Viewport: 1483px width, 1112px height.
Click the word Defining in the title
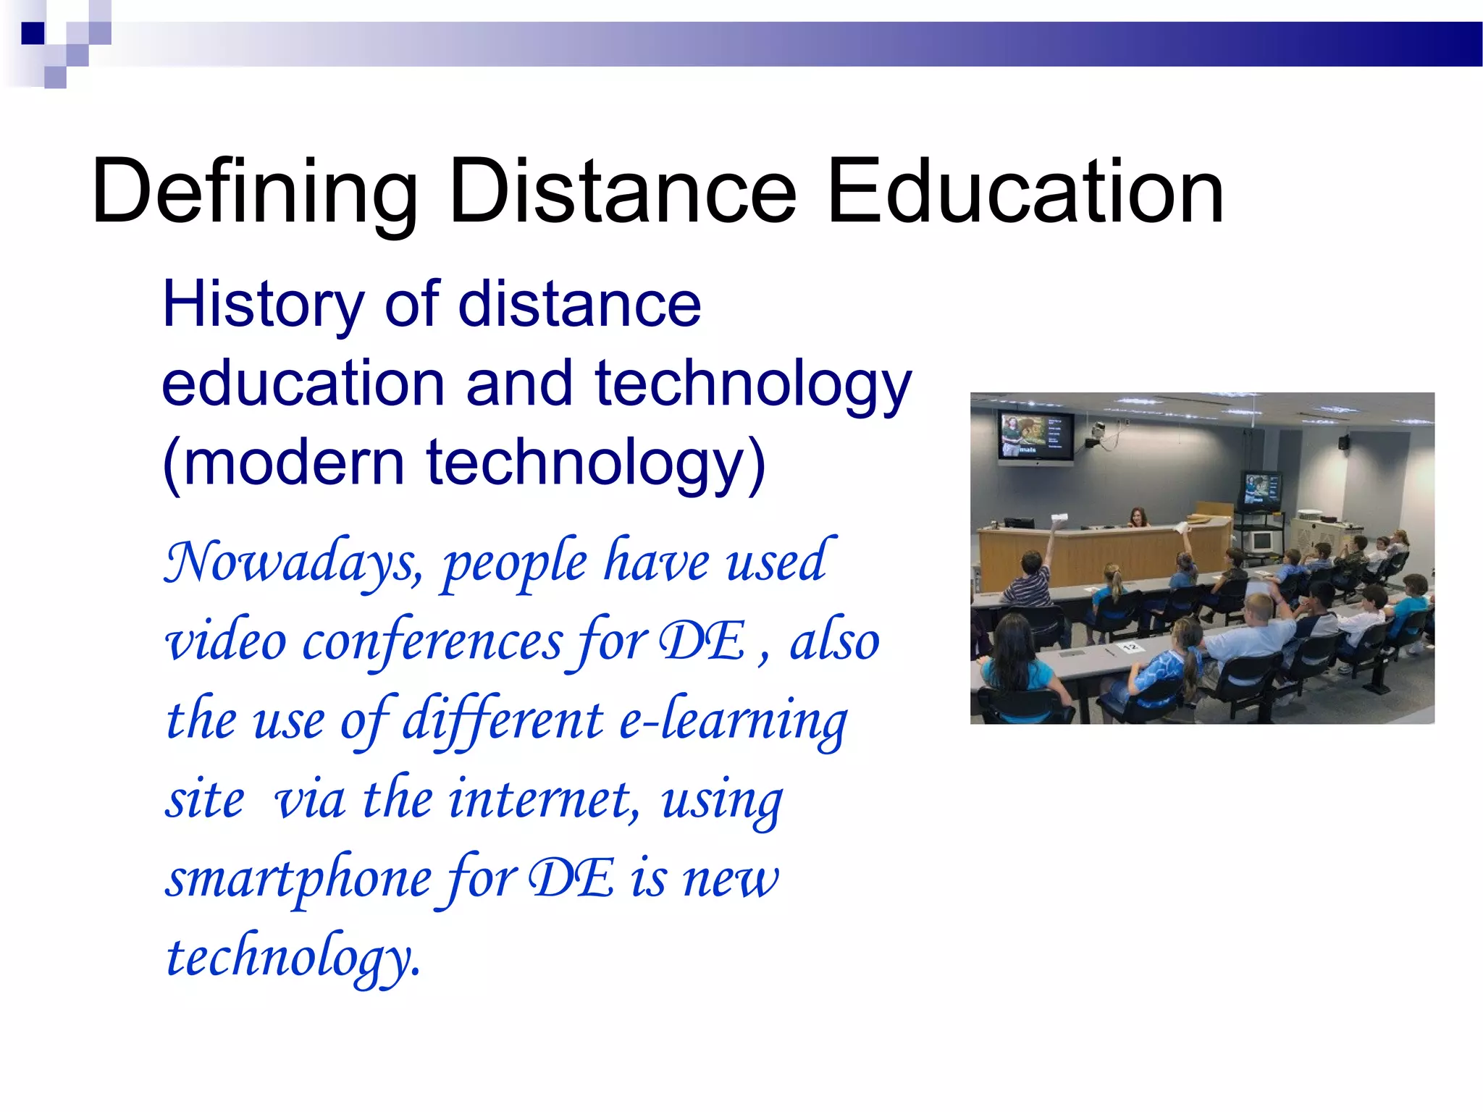[x=254, y=193]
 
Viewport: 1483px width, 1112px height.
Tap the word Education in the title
[x=1025, y=193]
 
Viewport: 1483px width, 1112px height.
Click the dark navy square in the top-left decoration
[x=33, y=33]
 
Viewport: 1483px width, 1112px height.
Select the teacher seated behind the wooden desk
[x=1138, y=518]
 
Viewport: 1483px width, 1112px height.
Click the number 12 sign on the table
[x=1130, y=646]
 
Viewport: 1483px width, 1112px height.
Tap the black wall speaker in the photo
[x=1344, y=441]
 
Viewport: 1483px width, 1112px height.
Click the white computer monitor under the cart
[x=1261, y=540]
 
